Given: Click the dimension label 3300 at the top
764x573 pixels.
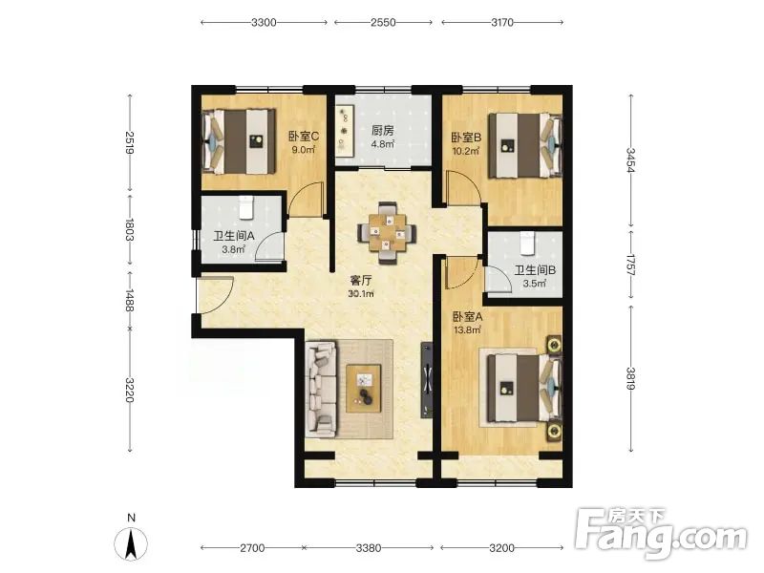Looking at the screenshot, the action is (264, 22).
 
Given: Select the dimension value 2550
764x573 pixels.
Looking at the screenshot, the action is (383, 22).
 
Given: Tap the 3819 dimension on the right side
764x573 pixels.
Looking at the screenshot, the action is (631, 378).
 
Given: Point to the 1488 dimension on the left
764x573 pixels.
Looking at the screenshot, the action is (130, 300).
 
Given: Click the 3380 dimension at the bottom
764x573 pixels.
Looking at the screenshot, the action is (369, 547).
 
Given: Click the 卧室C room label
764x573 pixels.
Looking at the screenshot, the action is (304, 137).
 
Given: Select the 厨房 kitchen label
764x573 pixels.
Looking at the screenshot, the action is (383, 131).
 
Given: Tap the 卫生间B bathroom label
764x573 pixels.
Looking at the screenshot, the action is (535, 270).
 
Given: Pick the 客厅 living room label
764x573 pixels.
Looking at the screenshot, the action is (361, 281).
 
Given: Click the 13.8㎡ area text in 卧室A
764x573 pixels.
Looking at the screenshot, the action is (468, 330).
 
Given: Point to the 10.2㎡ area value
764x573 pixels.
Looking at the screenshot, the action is (466, 151).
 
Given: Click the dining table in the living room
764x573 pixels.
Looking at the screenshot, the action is (388, 233).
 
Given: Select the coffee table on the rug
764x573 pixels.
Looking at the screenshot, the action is (364, 388).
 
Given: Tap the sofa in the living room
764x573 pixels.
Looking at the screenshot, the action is (321, 389).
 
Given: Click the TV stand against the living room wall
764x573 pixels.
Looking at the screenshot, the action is (427, 380).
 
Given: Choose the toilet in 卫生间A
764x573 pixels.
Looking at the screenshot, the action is (246, 207).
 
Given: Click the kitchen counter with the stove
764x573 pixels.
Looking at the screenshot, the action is (345, 131).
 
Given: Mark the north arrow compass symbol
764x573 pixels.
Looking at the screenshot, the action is (131, 540).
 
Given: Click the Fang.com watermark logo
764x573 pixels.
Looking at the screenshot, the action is (661, 534).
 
